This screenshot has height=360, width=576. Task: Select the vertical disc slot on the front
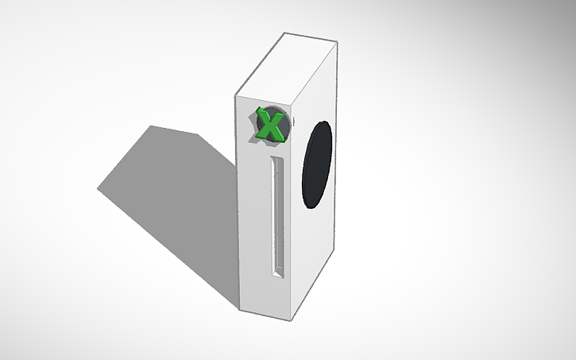[276, 215]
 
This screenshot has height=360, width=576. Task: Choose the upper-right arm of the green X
[280, 116]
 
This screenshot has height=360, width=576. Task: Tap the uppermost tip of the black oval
[326, 121]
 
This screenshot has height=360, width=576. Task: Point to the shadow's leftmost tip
[99, 189]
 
